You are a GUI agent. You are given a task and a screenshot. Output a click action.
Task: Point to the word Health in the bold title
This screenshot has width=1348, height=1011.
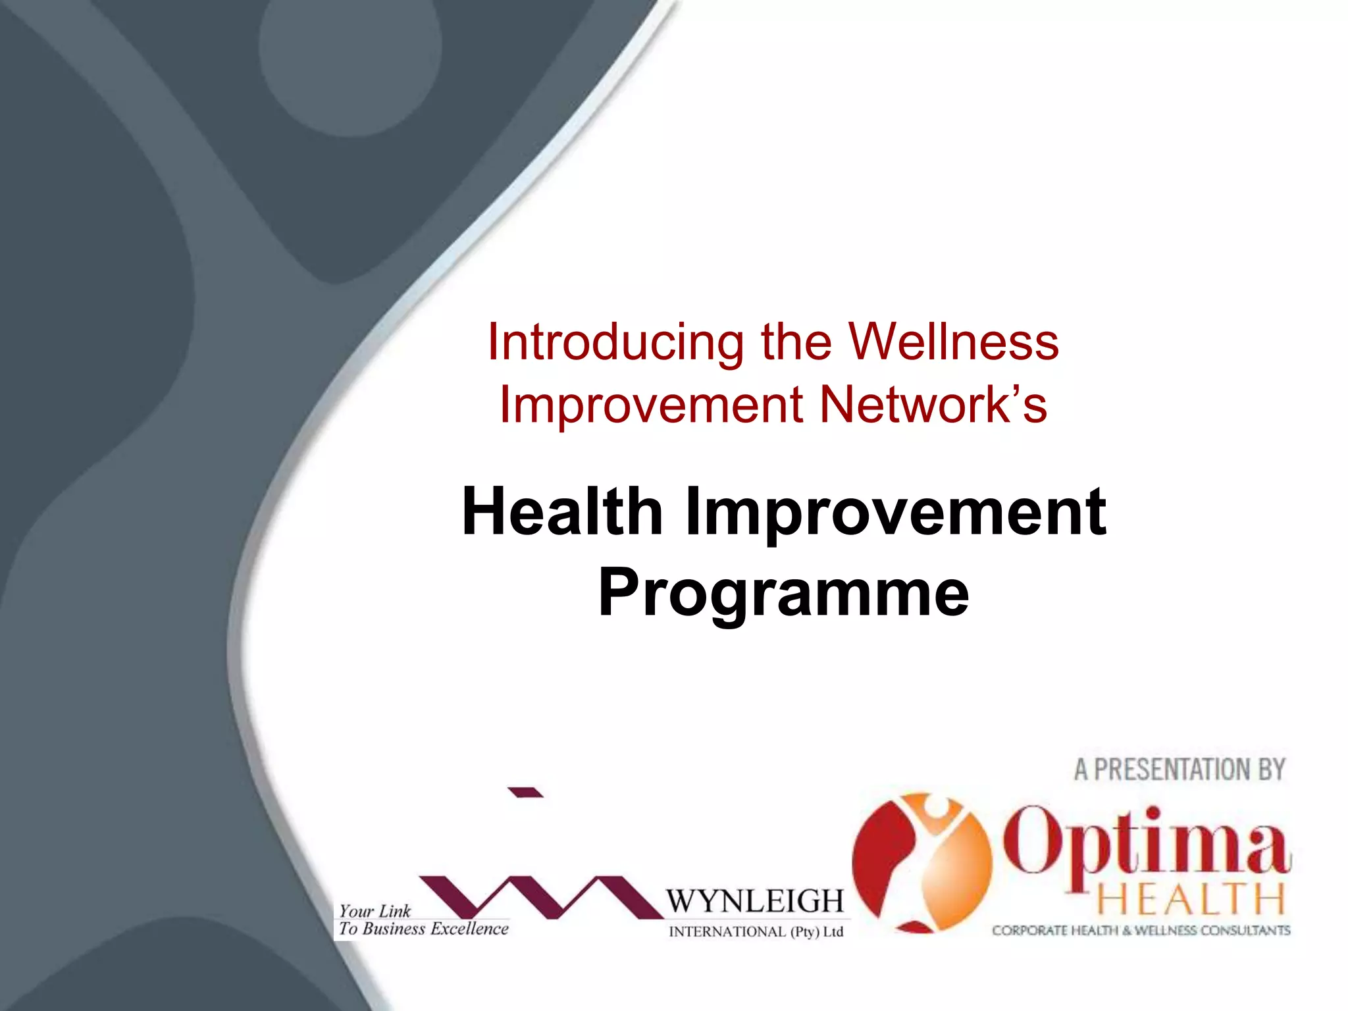(x=562, y=511)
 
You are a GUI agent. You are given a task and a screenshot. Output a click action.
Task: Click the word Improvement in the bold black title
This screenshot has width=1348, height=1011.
(x=896, y=511)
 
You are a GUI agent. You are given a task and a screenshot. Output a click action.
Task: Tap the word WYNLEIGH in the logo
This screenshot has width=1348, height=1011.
(x=754, y=900)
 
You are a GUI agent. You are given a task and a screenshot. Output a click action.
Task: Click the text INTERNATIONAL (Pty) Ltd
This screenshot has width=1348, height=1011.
(x=756, y=931)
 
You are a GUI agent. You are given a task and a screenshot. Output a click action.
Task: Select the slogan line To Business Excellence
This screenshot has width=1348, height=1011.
(x=424, y=929)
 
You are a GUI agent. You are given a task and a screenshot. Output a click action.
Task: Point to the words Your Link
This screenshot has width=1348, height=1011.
(x=375, y=911)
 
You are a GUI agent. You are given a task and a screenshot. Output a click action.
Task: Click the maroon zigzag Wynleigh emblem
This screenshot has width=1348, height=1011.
(x=540, y=896)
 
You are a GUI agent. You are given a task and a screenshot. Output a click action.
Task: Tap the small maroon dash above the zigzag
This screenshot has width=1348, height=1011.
(x=525, y=792)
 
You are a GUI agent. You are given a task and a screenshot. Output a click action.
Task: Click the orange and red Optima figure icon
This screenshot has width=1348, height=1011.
(x=921, y=862)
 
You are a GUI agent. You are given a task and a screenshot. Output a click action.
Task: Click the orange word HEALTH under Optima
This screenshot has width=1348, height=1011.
(x=1191, y=900)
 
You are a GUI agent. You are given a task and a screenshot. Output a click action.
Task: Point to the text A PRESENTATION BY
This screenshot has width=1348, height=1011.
(x=1179, y=769)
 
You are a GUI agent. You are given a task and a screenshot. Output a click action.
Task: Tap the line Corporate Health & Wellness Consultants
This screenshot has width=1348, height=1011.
(x=1141, y=930)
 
